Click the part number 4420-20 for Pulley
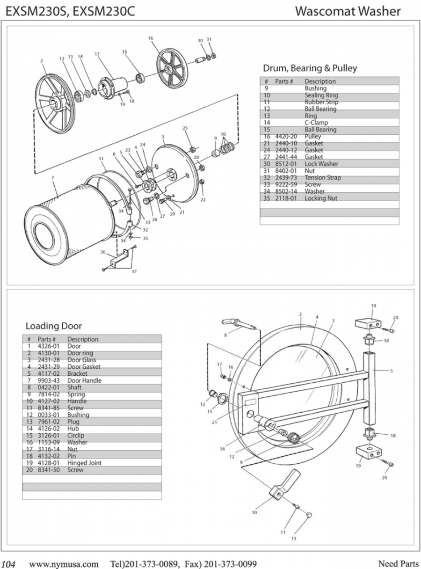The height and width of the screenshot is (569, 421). tap(286, 136)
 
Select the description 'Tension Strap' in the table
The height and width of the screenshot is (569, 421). tap(323, 177)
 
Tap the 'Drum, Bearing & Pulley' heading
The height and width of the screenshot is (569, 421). tap(310, 68)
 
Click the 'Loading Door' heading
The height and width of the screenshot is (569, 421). tap(53, 326)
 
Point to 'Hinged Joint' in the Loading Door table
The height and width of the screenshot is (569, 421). tap(84, 463)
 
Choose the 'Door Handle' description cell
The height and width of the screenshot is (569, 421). tap(84, 380)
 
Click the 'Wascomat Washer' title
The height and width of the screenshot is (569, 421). tap(348, 11)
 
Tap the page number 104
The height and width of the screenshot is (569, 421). tap(10, 561)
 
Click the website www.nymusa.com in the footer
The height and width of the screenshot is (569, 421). tap(64, 561)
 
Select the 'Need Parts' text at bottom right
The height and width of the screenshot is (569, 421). tap(398, 561)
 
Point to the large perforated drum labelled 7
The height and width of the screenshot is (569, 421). tap(65, 220)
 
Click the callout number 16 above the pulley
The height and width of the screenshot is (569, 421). tap(151, 38)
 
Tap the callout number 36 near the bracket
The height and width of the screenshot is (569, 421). tap(102, 252)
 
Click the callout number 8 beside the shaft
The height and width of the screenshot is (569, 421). tap(225, 335)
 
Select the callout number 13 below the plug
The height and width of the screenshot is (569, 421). tap(293, 539)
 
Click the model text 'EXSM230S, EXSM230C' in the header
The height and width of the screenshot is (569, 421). tap(70, 11)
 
